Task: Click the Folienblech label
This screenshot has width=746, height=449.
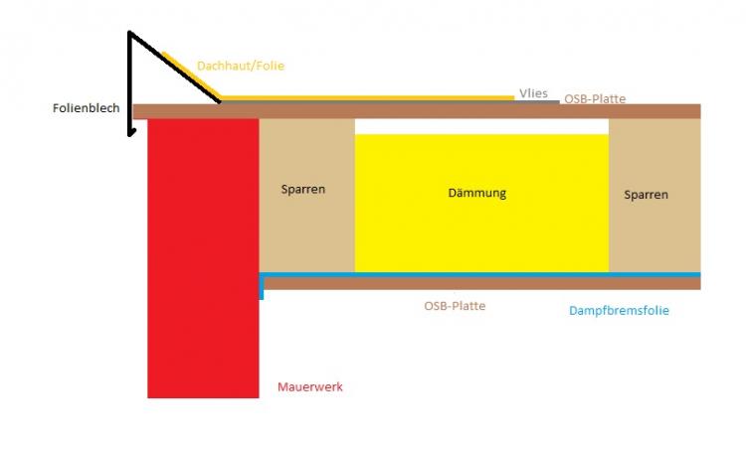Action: [87, 108]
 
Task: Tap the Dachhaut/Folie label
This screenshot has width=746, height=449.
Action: [241, 66]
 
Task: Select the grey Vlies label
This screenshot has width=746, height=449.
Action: [533, 93]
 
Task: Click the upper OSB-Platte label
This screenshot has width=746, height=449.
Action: [595, 98]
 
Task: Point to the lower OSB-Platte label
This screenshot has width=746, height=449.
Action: [455, 306]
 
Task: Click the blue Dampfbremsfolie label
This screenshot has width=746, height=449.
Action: [619, 310]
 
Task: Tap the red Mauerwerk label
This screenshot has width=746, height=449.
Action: [310, 386]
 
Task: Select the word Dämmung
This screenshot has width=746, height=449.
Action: [477, 193]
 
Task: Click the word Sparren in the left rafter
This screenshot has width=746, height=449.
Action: [303, 189]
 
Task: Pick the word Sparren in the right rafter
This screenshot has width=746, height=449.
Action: [647, 195]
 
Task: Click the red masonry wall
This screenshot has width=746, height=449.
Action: [203, 258]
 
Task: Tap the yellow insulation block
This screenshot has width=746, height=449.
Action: [481, 204]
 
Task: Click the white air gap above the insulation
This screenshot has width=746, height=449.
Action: [481, 126]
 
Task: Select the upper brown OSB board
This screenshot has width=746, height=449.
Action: [417, 111]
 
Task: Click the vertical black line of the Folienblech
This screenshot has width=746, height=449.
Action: [129, 83]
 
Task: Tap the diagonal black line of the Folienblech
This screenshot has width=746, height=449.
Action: [175, 67]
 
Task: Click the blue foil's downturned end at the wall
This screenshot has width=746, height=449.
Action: [262, 287]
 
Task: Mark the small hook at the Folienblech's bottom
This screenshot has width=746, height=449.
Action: [131, 132]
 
